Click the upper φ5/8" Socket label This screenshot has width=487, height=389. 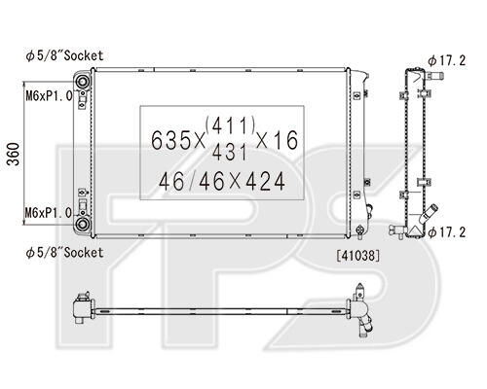point(64,55)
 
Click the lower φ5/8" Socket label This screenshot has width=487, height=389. point(64,253)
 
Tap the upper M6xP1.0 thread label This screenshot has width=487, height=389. point(49,95)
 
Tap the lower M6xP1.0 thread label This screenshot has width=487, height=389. point(49,213)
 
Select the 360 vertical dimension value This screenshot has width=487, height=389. point(14,154)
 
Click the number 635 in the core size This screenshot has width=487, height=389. point(171,140)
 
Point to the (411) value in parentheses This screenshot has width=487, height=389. point(230,124)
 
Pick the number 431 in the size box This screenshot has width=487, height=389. point(229,152)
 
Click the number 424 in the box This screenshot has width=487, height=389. point(265,182)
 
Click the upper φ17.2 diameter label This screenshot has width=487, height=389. point(447,60)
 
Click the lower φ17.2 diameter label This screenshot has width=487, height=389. point(447,232)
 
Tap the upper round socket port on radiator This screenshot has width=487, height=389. point(83,81)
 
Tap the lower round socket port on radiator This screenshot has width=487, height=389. point(83,224)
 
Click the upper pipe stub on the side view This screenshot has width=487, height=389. point(434,77)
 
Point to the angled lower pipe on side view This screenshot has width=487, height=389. point(429,214)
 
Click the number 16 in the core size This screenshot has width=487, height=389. point(285,140)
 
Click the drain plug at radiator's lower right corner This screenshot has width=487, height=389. point(359,230)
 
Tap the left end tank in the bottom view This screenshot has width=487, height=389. point(82,308)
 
